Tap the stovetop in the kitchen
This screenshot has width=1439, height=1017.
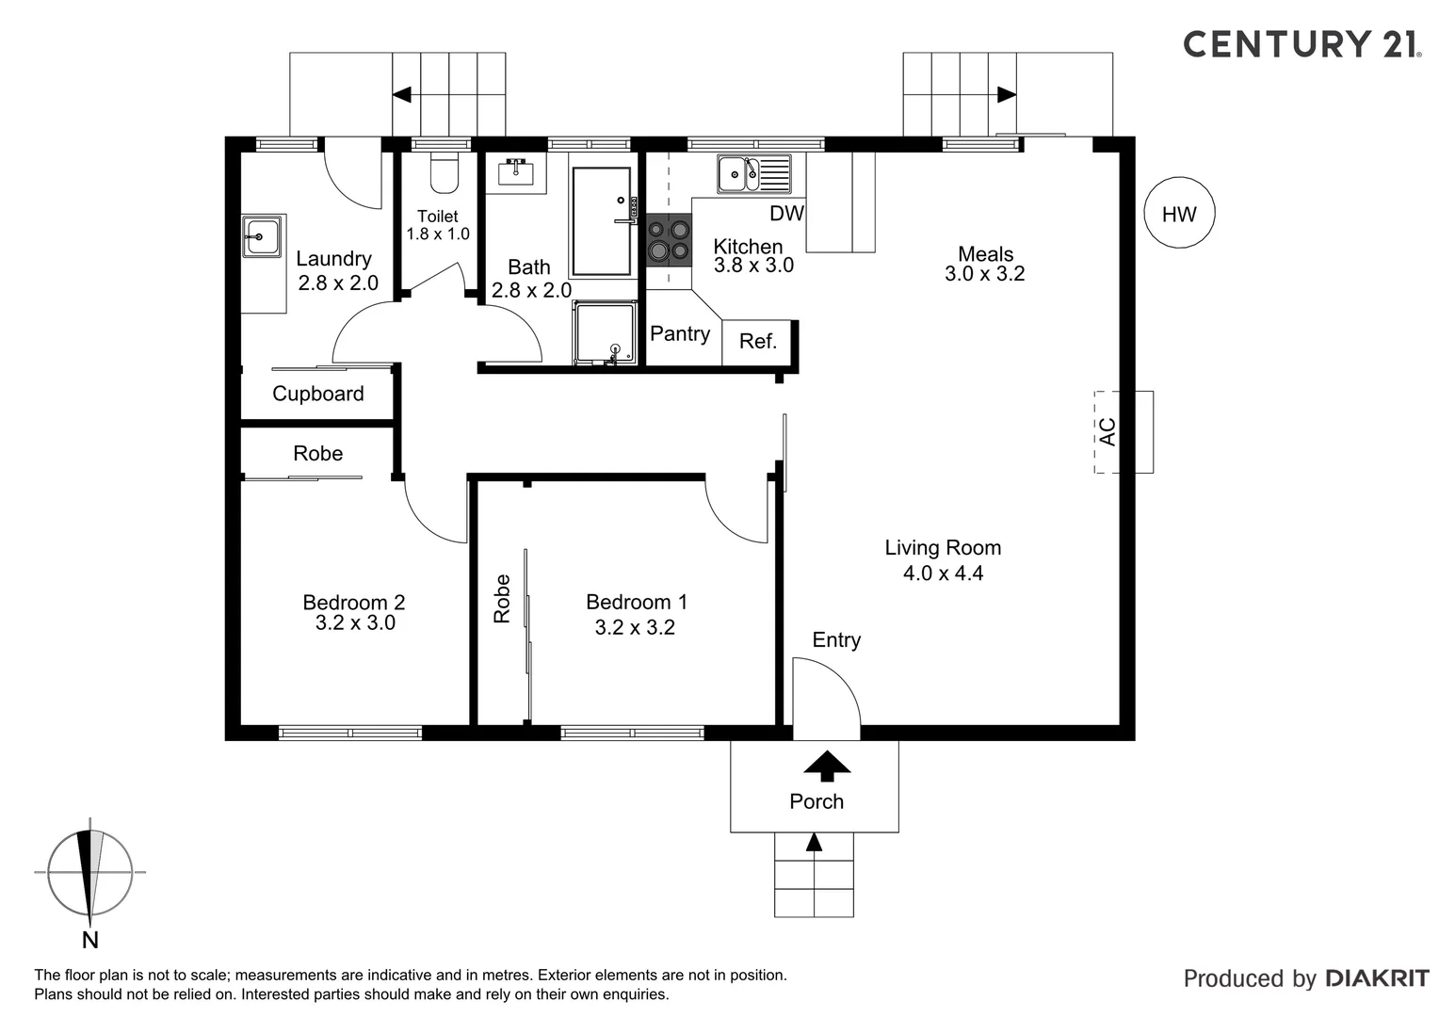pyautogui.click(x=669, y=240)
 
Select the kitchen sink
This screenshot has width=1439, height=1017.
pyautogui.click(x=754, y=173)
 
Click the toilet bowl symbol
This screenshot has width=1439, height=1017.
pyautogui.click(x=444, y=172)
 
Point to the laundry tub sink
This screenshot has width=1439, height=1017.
pyautogui.click(x=262, y=235)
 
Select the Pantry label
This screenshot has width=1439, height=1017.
pyautogui.click(x=680, y=334)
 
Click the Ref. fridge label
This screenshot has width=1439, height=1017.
pyautogui.click(x=758, y=341)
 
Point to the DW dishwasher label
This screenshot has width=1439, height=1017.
pyautogui.click(x=786, y=214)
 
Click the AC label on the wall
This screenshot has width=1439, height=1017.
pyautogui.click(x=1108, y=431)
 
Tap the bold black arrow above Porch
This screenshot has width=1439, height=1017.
pyautogui.click(x=827, y=766)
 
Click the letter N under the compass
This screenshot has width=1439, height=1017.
pyautogui.click(x=90, y=940)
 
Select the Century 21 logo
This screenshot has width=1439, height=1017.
pyautogui.click(x=1302, y=44)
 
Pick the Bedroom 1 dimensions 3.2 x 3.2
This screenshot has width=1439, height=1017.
pyautogui.click(x=635, y=627)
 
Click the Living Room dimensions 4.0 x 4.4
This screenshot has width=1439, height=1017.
pyautogui.click(x=943, y=573)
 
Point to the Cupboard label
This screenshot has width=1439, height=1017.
pyautogui.click(x=318, y=394)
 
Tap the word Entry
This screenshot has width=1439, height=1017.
pyautogui.click(x=836, y=640)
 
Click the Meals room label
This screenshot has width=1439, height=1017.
pyautogui.click(x=985, y=253)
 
